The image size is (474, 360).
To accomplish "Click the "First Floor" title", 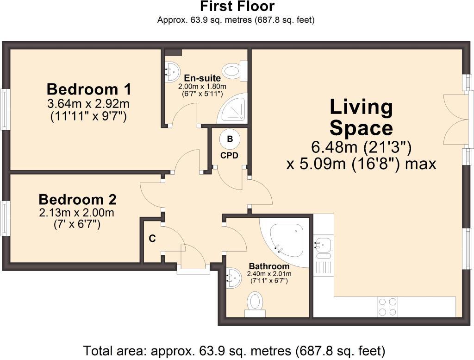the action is [237, 6].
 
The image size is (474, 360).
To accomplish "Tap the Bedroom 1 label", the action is [89, 89].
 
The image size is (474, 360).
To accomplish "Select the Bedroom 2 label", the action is [77, 200].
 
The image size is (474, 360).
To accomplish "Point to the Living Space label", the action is [361, 117].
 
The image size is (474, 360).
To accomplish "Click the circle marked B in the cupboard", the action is [230, 139].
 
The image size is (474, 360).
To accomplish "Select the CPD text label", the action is [229, 156].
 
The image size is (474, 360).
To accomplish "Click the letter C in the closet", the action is [152, 239].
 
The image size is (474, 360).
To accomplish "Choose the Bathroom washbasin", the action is [234, 278].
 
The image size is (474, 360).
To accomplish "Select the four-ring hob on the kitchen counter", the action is [387, 307].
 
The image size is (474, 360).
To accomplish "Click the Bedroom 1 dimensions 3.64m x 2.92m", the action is [88, 104].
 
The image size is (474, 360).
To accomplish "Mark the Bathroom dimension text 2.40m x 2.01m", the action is [269, 274].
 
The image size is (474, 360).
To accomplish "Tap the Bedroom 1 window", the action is [5, 109].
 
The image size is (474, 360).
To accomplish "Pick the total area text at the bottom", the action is [234, 351].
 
